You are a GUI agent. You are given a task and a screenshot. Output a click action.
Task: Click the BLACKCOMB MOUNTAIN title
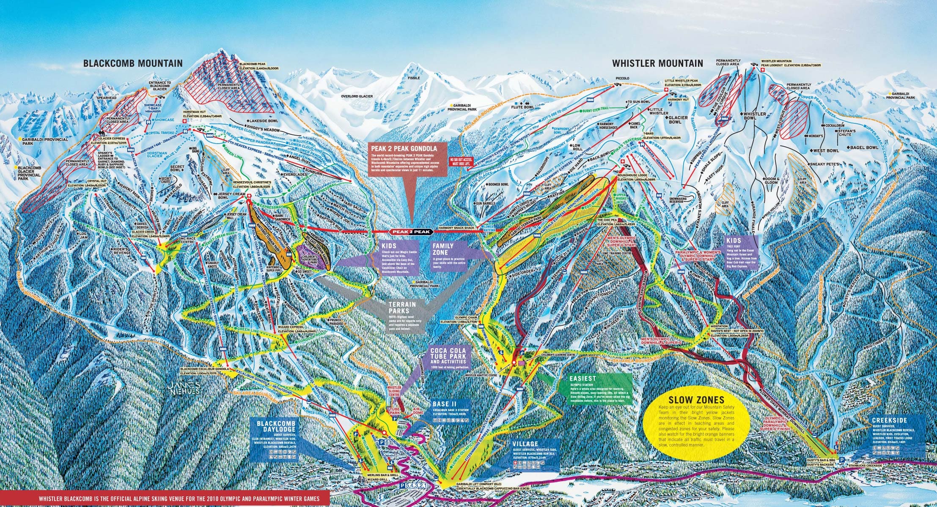click(x=133, y=63)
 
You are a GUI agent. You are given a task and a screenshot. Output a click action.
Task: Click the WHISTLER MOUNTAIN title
click(x=658, y=63)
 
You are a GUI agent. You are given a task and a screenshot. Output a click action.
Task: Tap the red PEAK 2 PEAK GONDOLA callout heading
click(x=405, y=149)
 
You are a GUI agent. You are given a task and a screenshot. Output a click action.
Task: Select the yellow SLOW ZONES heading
click(x=696, y=400)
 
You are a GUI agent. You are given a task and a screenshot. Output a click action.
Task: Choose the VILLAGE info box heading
click(x=525, y=444)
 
